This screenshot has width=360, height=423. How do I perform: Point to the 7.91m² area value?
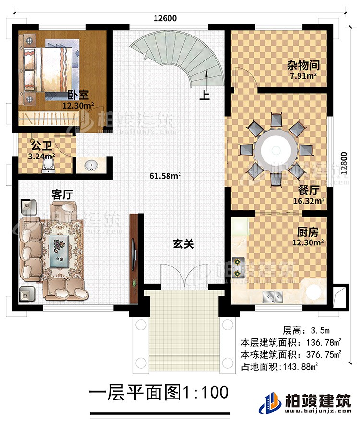[x=301, y=75]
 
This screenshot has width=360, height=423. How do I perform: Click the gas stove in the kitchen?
[x=238, y=267]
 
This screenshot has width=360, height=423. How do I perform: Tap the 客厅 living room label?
[x=62, y=194]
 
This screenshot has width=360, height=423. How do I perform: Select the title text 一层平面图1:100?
[x=158, y=393]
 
